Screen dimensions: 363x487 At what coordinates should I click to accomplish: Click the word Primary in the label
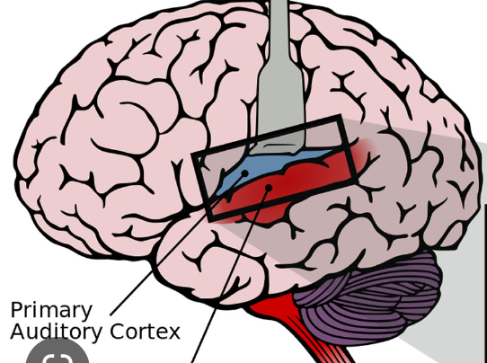click(51, 311)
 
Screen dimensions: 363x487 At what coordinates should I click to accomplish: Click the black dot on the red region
click(267, 189)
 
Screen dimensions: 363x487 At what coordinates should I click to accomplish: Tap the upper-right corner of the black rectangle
click(340, 119)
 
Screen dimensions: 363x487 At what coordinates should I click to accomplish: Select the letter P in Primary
click(16, 311)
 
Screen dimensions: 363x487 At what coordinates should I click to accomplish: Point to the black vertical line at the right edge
click(484, 270)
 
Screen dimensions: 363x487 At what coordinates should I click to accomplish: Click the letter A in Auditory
click(17, 332)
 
